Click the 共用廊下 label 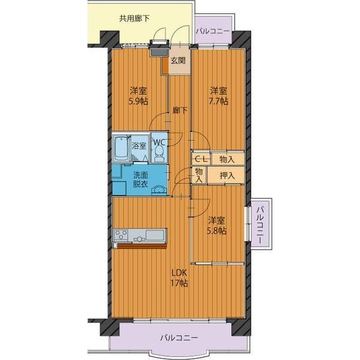point(134,18)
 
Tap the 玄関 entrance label point(178,60)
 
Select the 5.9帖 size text point(138,102)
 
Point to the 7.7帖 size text point(218,102)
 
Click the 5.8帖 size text point(217,230)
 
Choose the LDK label point(180,273)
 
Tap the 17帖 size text point(180,283)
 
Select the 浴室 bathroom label point(139,146)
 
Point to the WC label point(160,142)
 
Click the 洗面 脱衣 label point(140,180)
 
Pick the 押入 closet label point(226,175)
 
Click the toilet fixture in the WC point(160,155)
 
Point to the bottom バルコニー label point(178,338)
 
